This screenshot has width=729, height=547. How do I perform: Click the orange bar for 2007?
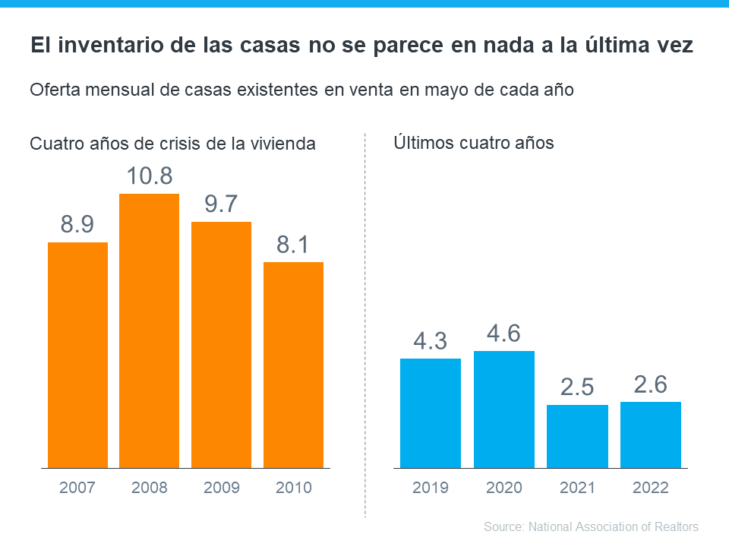(x=77, y=355)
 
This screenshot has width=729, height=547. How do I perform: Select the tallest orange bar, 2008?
(x=150, y=330)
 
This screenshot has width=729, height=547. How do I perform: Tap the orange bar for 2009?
(x=221, y=344)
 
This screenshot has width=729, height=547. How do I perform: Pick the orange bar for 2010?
(x=293, y=365)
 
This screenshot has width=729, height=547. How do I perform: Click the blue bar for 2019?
(x=431, y=413)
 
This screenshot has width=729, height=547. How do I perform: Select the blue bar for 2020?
(x=504, y=409)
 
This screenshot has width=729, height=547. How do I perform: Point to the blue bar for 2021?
(x=577, y=436)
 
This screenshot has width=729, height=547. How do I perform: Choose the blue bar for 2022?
(x=651, y=435)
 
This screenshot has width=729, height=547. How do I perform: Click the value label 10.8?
(x=150, y=176)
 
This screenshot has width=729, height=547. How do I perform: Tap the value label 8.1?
(x=293, y=245)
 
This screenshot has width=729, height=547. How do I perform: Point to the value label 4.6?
(x=504, y=334)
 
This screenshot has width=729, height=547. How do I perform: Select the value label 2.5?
(x=577, y=387)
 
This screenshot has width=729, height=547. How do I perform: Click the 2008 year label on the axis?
(x=150, y=488)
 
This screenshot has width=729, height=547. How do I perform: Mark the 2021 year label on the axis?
(x=577, y=488)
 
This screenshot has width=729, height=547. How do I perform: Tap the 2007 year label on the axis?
(x=77, y=488)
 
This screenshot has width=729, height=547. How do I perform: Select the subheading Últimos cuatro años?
(x=474, y=142)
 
